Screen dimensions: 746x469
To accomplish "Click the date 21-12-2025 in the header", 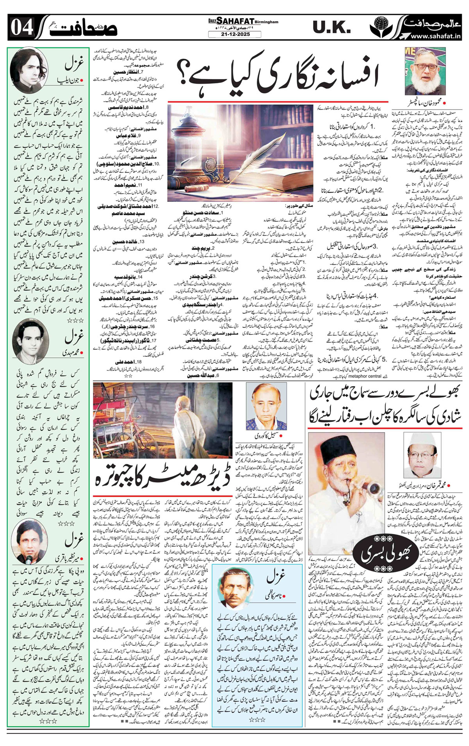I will tap(234, 35).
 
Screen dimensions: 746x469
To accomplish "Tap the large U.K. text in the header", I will tap(331, 27).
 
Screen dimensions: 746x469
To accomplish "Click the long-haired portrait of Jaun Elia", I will tap(29, 69).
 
